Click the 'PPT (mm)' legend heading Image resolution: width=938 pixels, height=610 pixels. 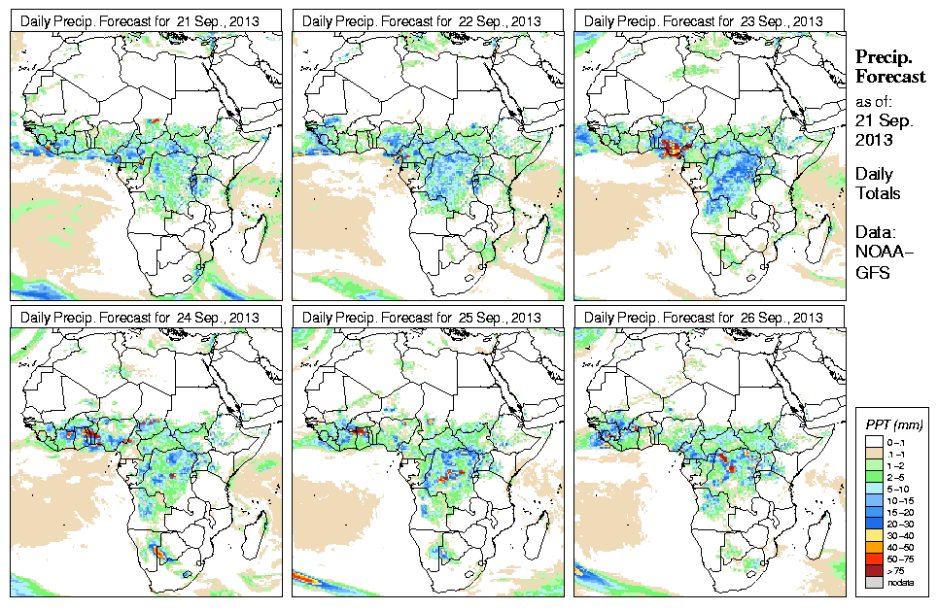894,424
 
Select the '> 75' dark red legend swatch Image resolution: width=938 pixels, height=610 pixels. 871,571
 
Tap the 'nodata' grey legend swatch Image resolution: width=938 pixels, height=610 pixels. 871,584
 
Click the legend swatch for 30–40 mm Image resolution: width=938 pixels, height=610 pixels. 871,535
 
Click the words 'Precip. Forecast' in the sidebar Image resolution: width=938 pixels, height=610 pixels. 889,67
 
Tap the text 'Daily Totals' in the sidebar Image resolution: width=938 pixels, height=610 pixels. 877,184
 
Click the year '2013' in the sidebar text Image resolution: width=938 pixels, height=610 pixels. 873,140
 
